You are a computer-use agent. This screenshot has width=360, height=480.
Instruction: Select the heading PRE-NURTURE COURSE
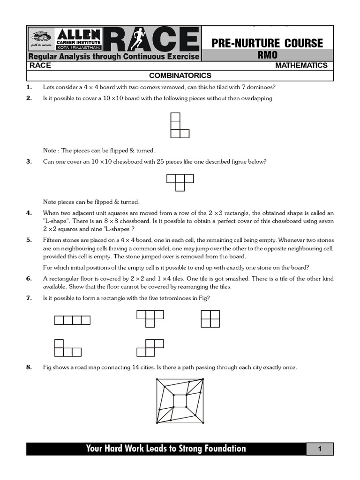click(268, 44)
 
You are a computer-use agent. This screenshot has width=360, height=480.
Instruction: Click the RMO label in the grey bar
click(268, 55)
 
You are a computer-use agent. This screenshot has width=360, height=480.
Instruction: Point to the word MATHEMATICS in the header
click(301, 66)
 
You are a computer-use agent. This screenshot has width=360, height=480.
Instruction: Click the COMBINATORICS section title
click(180, 75)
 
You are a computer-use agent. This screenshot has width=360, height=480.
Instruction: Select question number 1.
click(29, 87)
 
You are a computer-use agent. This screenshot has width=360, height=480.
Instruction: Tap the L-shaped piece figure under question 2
click(179, 125)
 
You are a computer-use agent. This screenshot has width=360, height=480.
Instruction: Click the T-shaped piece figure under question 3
click(180, 182)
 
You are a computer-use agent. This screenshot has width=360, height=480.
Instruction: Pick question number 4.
click(29, 213)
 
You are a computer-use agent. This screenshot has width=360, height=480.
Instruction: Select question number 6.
click(29, 279)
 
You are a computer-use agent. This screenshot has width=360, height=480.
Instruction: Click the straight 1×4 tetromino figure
click(72, 321)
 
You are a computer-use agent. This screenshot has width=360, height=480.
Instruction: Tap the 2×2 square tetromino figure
click(210, 318)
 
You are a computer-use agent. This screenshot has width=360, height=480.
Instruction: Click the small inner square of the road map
click(180, 401)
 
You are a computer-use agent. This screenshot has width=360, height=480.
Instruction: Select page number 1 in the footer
click(320, 449)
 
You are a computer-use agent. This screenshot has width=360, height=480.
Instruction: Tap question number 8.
click(29, 367)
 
